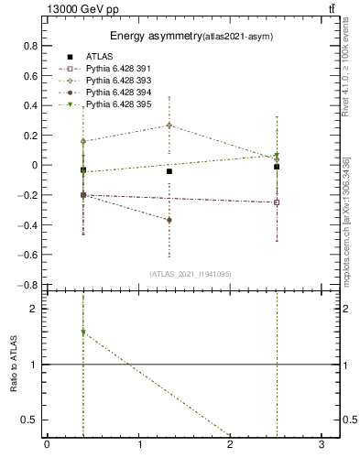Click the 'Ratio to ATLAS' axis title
[x=15, y=365]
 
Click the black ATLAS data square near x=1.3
[x=169, y=171]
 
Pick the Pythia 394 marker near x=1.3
[x=169, y=220]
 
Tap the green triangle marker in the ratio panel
[x=83, y=333]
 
